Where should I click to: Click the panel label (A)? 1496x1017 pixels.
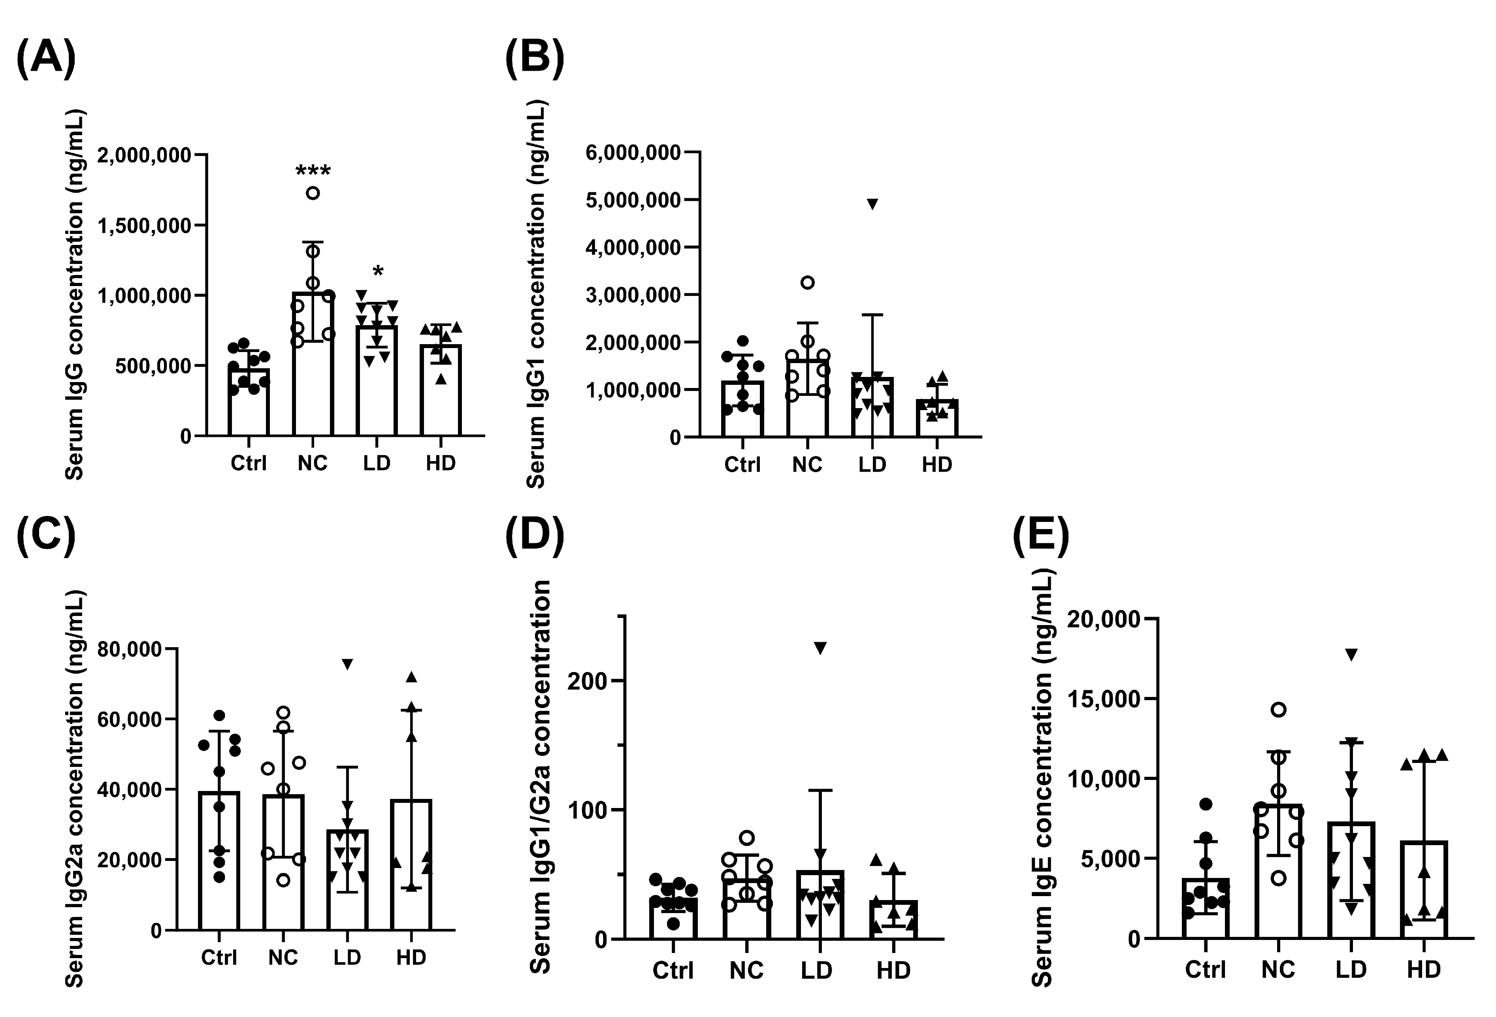coord(46,58)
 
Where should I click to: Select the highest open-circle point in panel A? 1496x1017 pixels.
coord(313,193)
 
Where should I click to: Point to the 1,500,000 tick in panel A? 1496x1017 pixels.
coord(144,226)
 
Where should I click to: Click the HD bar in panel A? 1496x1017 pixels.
coord(441,390)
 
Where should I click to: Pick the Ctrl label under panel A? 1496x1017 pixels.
coord(249,463)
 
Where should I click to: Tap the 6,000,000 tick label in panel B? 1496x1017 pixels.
coord(633,153)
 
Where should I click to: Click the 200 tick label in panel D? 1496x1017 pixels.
coord(587,681)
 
